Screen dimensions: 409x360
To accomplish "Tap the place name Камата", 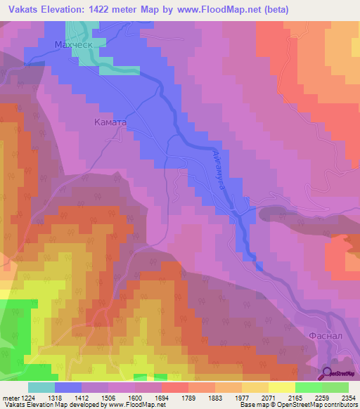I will click(110, 122).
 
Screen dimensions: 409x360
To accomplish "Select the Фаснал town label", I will click(326, 337).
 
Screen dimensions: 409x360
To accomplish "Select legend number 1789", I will click(202, 398).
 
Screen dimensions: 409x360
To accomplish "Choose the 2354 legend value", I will click(348, 398).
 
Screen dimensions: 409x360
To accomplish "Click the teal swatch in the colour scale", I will click(41, 387).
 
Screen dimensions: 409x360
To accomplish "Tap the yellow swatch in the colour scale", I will click(281, 387).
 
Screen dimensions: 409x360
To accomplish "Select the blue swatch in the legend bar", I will click(68, 387).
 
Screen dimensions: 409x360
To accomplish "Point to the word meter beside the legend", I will click(10, 398).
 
